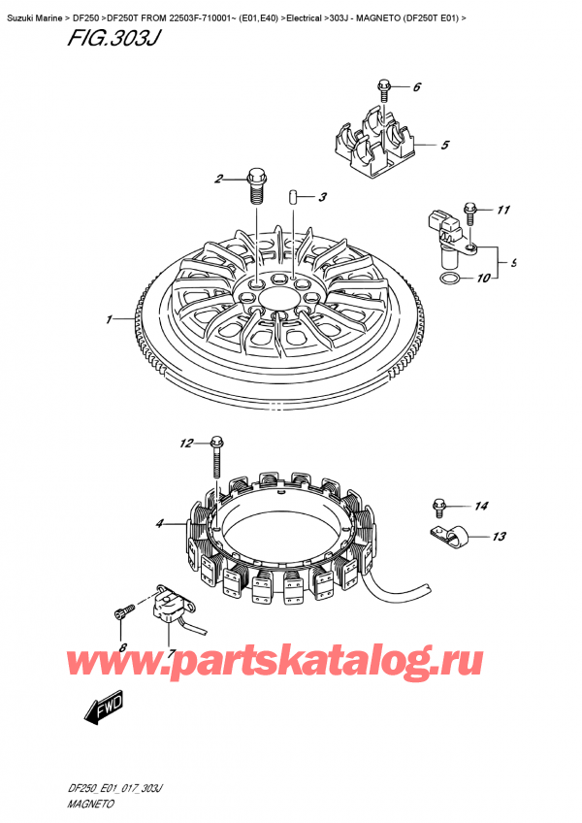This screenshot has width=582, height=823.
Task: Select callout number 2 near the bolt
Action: coord(219,179)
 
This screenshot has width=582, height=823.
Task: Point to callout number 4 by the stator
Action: coord(158,525)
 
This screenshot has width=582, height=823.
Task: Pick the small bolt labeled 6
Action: coord(384,88)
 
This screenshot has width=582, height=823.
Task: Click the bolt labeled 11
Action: coord(470,208)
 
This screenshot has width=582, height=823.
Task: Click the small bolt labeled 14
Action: coord(439,504)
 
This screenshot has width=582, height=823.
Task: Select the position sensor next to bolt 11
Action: coord(450,237)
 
